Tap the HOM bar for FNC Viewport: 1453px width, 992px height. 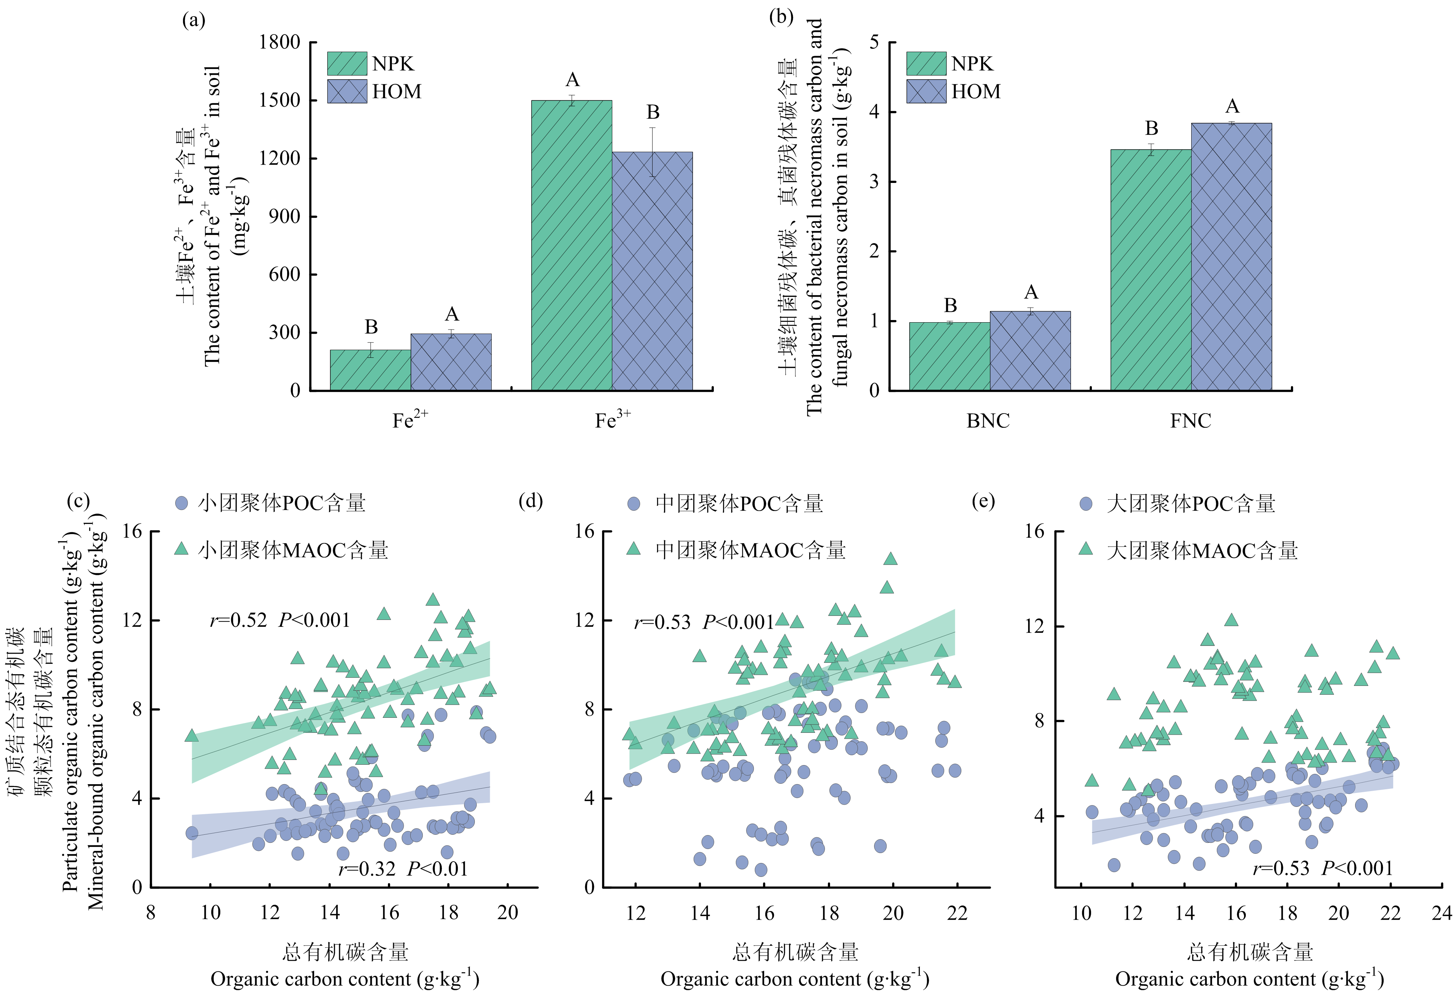coord(1231,256)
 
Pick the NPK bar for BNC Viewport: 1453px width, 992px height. coord(949,356)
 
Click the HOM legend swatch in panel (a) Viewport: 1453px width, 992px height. coord(347,91)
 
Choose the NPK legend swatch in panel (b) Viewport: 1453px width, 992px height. coord(926,64)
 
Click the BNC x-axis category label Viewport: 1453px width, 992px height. coord(988,421)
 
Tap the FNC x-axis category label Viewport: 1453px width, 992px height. coord(1190,421)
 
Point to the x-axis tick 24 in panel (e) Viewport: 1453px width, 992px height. coord(1441,913)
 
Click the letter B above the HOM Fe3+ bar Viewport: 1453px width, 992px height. coord(653,113)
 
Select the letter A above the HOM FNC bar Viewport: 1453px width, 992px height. coord(1232,106)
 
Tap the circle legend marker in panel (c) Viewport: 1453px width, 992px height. coord(181,503)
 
